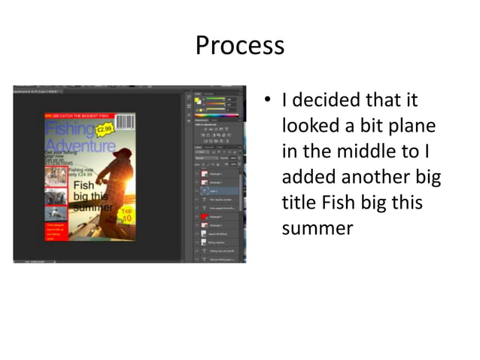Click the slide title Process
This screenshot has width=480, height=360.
click(240, 46)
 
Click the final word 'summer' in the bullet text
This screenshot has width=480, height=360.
click(317, 228)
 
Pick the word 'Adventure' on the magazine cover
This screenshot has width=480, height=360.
click(79, 145)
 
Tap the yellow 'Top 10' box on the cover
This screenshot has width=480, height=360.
click(126, 213)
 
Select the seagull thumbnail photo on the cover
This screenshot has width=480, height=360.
click(56, 214)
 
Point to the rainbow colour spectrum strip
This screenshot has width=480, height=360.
click(216, 115)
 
